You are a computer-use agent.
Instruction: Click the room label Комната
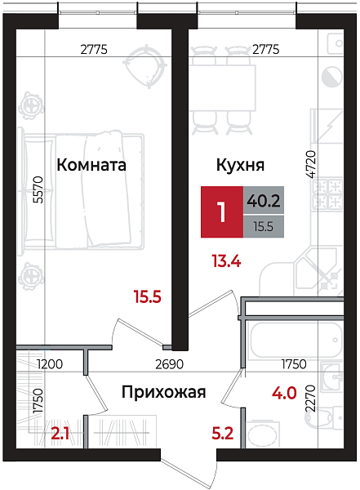[91, 165]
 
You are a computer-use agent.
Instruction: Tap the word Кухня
[239, 165]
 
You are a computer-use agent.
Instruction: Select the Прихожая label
[163, 392]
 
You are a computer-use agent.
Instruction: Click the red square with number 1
[221, 212]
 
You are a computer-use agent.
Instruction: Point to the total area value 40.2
[264, 199]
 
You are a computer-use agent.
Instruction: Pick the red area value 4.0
[283, 394]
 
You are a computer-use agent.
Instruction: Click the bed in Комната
[86, 189]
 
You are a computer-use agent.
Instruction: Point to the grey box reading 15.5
[264, 226]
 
